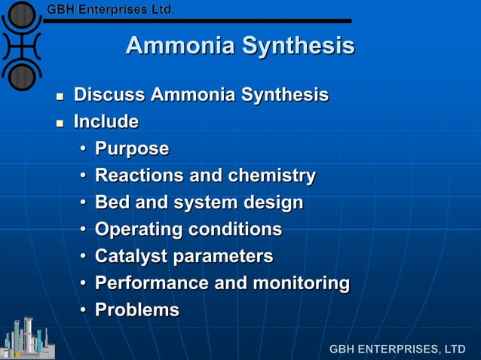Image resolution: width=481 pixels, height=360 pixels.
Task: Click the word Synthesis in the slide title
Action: (x=299, y=47)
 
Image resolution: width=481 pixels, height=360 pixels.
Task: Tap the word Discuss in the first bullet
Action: (x=109, y=96)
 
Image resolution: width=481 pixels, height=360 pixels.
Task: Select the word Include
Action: (x=106, y=122)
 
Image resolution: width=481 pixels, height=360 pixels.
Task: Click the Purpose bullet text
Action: (x=132, y=149)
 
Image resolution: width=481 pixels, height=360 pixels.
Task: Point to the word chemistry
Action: (x=271, y=176)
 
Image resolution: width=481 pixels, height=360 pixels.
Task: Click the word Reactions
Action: (x=139, y=176)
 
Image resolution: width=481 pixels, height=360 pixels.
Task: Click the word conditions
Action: (x=235, y=229)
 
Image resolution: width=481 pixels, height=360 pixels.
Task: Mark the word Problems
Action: (x=137, y=310)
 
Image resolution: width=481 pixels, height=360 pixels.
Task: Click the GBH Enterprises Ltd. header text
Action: (x=111, y=10)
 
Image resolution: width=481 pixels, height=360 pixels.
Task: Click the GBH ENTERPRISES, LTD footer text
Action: (x=397, y=349)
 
